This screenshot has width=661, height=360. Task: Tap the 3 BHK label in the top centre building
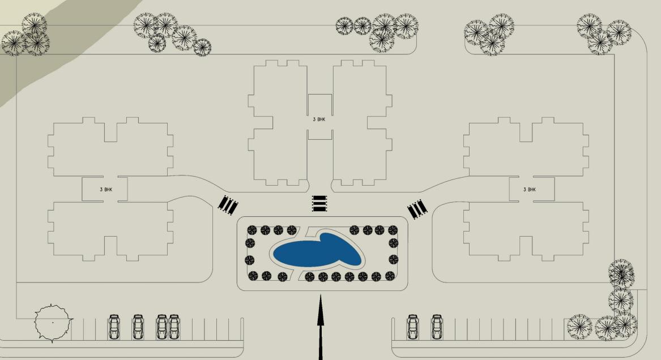pos(319,119)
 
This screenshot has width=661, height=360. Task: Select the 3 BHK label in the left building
pos(105,189)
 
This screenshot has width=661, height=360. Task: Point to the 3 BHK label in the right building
pos(529,189)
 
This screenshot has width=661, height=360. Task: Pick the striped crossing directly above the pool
pos(319,203)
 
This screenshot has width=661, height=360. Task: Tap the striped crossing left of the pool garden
pos(228,205)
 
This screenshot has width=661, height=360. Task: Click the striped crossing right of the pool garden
pos(417,209)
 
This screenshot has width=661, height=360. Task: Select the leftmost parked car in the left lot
pos(114,327)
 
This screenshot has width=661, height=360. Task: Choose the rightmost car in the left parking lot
pos(174,327)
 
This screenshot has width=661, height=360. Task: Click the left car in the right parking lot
pos(413,327)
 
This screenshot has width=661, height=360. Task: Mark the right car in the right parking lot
pos(437,327)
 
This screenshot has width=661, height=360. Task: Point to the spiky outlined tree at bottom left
pos(53,323)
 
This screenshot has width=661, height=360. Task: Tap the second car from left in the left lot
pos(138,327)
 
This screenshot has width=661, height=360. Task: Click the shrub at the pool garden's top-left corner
pos(252,230)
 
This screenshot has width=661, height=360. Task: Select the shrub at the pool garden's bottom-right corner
pos(390,276)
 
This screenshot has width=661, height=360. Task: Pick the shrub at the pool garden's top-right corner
pos(392,230)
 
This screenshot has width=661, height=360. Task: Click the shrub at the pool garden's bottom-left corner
pos(253,276)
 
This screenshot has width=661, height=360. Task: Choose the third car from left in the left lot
pos(162,327)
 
